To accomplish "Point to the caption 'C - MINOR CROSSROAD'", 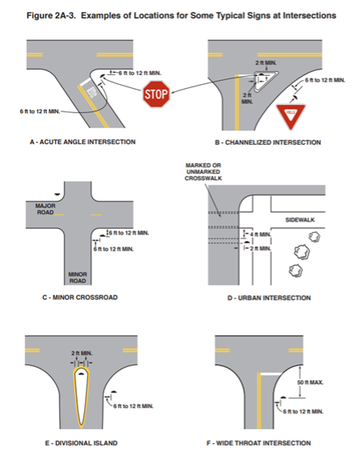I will click(79, 297).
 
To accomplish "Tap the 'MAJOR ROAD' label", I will click(46, 209).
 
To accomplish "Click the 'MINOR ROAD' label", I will click(77, 277).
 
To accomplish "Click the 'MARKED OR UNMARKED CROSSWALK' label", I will click(203, 173).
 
